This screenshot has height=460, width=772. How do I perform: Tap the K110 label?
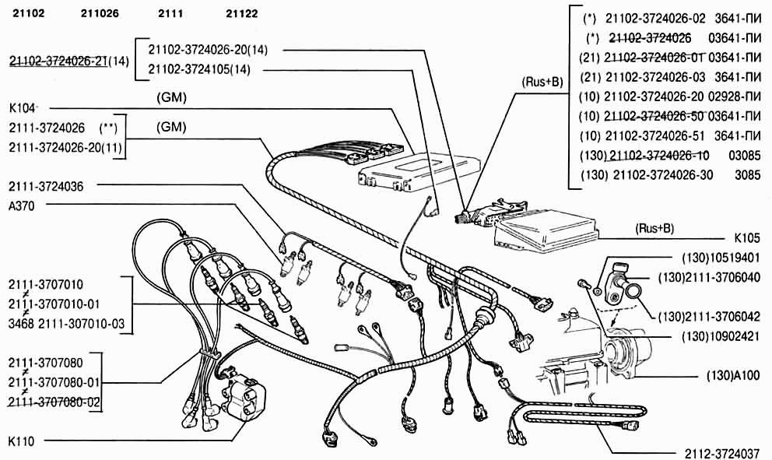21,441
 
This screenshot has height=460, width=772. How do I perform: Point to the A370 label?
21,205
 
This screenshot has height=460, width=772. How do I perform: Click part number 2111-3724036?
46,186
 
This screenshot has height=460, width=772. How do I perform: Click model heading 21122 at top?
242,14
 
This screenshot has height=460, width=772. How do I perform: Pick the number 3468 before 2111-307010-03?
21,323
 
